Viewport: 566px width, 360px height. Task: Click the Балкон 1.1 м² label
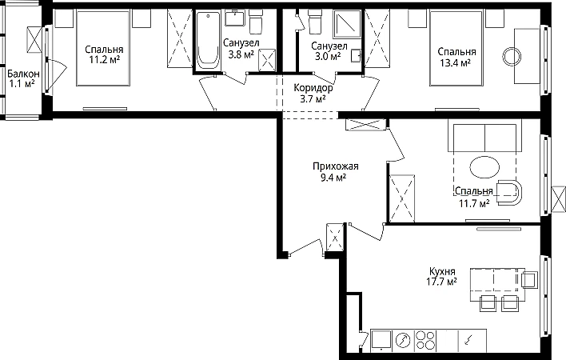(x=23, y=78)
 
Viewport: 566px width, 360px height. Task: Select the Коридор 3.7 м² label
(x=313, y=93)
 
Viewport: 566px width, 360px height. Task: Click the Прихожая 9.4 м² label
(x=335, y=171)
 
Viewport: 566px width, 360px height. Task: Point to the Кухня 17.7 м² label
(x=442, y=276)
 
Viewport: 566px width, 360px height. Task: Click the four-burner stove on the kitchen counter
(x=425, y=340)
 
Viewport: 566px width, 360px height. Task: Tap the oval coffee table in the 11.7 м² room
(x=484, y=167)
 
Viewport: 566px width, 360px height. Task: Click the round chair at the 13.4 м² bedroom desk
(x=512, y=57)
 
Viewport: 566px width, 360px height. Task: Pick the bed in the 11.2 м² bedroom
(x=103, y=48)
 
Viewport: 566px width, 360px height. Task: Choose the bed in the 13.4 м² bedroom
(x=456, y=48)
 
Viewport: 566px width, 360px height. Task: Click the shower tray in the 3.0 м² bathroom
(x=347, y=24)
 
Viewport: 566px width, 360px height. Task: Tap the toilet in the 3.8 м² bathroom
(x=256, y=21)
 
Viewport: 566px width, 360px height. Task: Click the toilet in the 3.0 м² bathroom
(x=314, y=21)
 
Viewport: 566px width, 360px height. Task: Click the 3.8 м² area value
(x=241, y=54)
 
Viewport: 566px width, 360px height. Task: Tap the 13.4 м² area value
(x=455, y=63)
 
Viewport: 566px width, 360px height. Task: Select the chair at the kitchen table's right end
(x=529, y=279)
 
